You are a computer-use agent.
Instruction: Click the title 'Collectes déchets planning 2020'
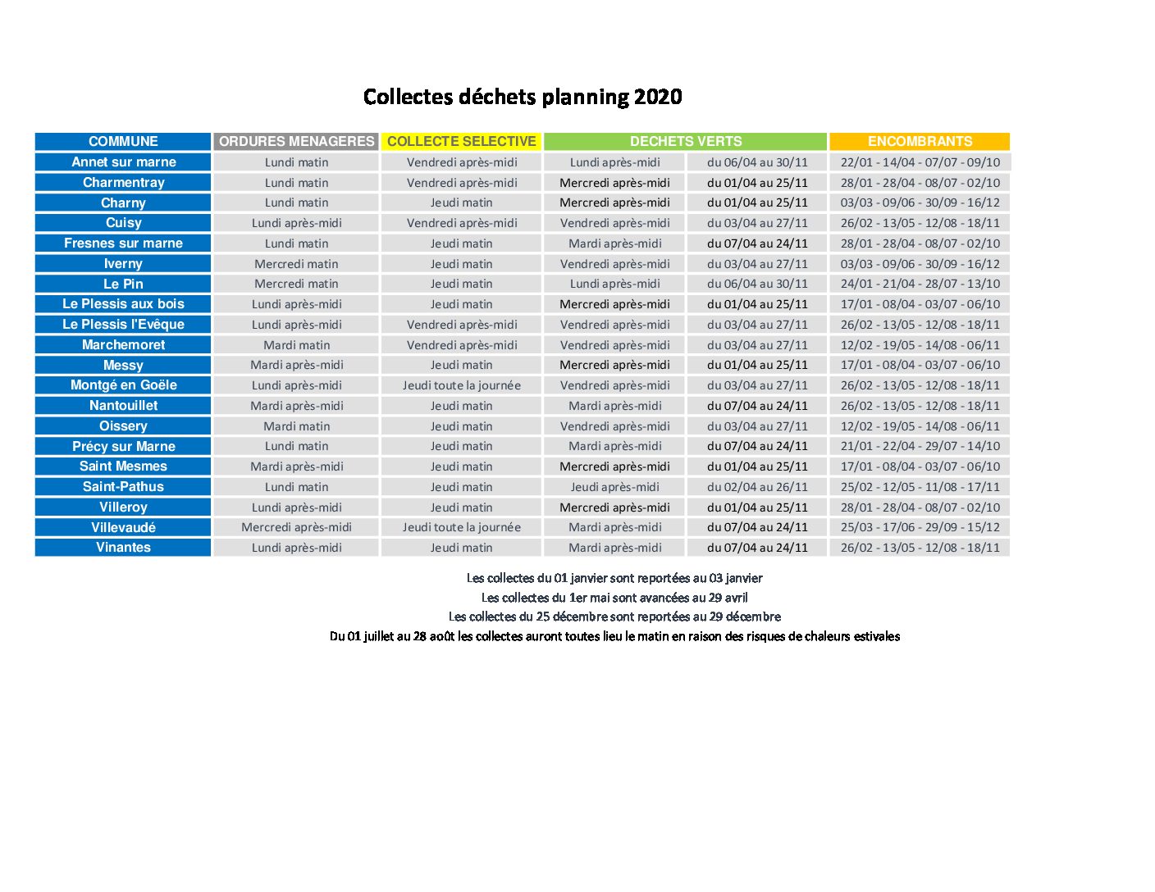click(522, 98)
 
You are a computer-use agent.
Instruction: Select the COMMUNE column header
click(123, 141)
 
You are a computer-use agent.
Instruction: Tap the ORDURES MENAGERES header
click(297, 141)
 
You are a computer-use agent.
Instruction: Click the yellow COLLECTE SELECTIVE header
click(461, 141)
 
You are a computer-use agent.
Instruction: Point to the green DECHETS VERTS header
click(685, 141)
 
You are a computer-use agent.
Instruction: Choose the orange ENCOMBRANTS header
click(920, 141)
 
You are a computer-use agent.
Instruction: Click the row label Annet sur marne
click(123, 162)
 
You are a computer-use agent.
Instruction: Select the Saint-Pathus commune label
click(123, 487)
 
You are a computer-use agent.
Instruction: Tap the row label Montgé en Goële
click(123, 385)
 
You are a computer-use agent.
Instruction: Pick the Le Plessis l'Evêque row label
click(123, 324)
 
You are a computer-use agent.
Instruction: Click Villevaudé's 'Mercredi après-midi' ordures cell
click(297, 527)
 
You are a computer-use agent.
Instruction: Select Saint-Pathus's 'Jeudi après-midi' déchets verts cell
click(614, 487)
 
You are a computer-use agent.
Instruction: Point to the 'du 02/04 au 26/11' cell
click(757, 487)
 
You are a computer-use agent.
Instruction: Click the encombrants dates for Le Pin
click(920, 284)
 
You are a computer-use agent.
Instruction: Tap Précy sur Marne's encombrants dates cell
click(920, 446)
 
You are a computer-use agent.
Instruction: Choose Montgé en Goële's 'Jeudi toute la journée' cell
click(461, 385)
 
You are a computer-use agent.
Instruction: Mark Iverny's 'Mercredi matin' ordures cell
click(297, 263)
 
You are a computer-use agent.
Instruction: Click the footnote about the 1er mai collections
click(614, 598)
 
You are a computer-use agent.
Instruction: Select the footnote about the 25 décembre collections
click(614, 617)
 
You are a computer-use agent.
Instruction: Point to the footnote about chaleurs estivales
click(614, 636)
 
